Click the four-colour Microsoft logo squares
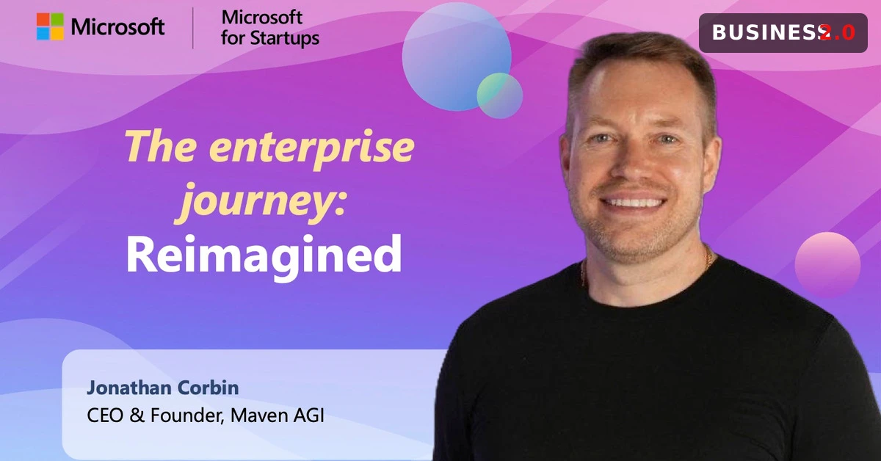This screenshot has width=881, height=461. click(x=50, y=26)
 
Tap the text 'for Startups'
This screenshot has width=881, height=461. click(x=270, y=38)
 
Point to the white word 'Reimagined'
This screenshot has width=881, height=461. click(x=264, y=255)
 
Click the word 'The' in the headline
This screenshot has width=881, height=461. click(x=160, y=145)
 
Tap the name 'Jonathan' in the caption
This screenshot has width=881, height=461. click(x=129, y=388)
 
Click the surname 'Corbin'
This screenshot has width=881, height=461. click(x=208, y=388)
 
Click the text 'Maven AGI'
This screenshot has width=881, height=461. click(x=278, y=415)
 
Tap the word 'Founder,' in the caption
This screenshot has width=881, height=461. click(x=187, y=415)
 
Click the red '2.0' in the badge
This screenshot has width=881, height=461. click(x=838, y=32)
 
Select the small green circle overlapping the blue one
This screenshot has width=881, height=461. click(x=499, y=95)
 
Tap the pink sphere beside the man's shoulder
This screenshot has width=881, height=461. click(x=827, y=265)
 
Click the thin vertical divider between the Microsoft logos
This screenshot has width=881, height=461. click(x=192, y=28)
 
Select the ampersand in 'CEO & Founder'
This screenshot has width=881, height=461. click(x=137, y=415)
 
